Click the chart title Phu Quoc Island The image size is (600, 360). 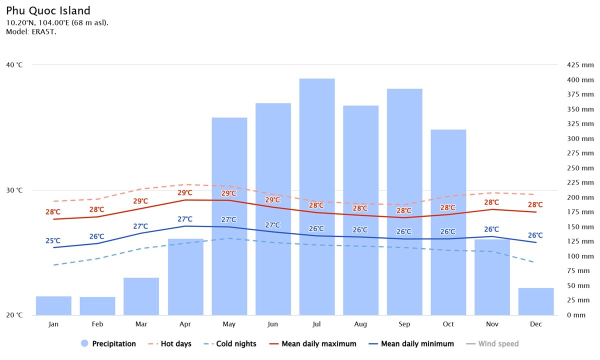click(x=48, y=10)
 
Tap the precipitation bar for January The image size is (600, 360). click(x=53, y=305)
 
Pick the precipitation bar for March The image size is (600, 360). click(x=141, y=296)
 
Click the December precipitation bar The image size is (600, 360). click(x=536, y=301)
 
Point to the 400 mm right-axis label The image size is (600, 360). click(x=580, y=80)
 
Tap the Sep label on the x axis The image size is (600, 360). click(x=404, y=324)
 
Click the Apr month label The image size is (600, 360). click(x=185, y=324)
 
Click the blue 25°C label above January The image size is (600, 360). click(x=53, y=241)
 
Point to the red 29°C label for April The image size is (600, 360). click(x=184, y=193)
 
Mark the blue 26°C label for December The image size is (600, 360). click(x=535, y=235)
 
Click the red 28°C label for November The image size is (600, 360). click(x=491, y=202)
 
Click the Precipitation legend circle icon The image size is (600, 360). click(x=84, y=344)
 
